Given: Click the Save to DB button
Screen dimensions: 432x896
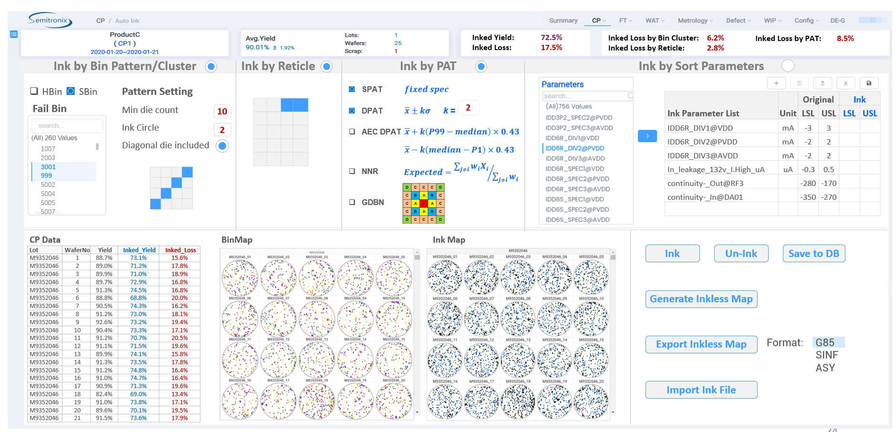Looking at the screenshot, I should point(813,254).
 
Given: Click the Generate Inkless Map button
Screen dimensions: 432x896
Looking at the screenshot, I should point(701,299).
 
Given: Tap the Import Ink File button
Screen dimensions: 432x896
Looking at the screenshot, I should point(701,390).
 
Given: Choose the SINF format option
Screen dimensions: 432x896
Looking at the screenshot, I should point(826,355).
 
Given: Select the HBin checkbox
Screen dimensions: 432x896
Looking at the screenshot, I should point(34,92).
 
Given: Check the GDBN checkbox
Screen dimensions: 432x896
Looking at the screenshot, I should point(352,202).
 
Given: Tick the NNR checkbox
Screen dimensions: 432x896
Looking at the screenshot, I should point(352,171).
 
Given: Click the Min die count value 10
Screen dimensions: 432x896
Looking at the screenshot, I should point(222,111).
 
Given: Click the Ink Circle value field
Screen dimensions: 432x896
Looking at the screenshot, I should point(222,130).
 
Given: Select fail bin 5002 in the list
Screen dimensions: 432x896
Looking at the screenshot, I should point(48,185).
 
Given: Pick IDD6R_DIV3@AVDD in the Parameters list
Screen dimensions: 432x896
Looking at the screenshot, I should point(575,158).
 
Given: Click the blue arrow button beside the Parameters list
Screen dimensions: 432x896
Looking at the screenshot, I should point(647,136).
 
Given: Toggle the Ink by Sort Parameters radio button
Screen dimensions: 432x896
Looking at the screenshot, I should point(788,66).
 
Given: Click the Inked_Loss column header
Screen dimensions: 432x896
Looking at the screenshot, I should point(180,250).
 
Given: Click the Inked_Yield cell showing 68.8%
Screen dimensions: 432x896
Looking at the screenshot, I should point(138,298).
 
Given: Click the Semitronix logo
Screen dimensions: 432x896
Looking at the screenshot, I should point(50,21).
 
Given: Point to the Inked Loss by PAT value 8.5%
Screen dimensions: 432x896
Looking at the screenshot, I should point(845,39).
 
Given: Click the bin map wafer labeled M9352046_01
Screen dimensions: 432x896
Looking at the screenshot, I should point(240,278).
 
